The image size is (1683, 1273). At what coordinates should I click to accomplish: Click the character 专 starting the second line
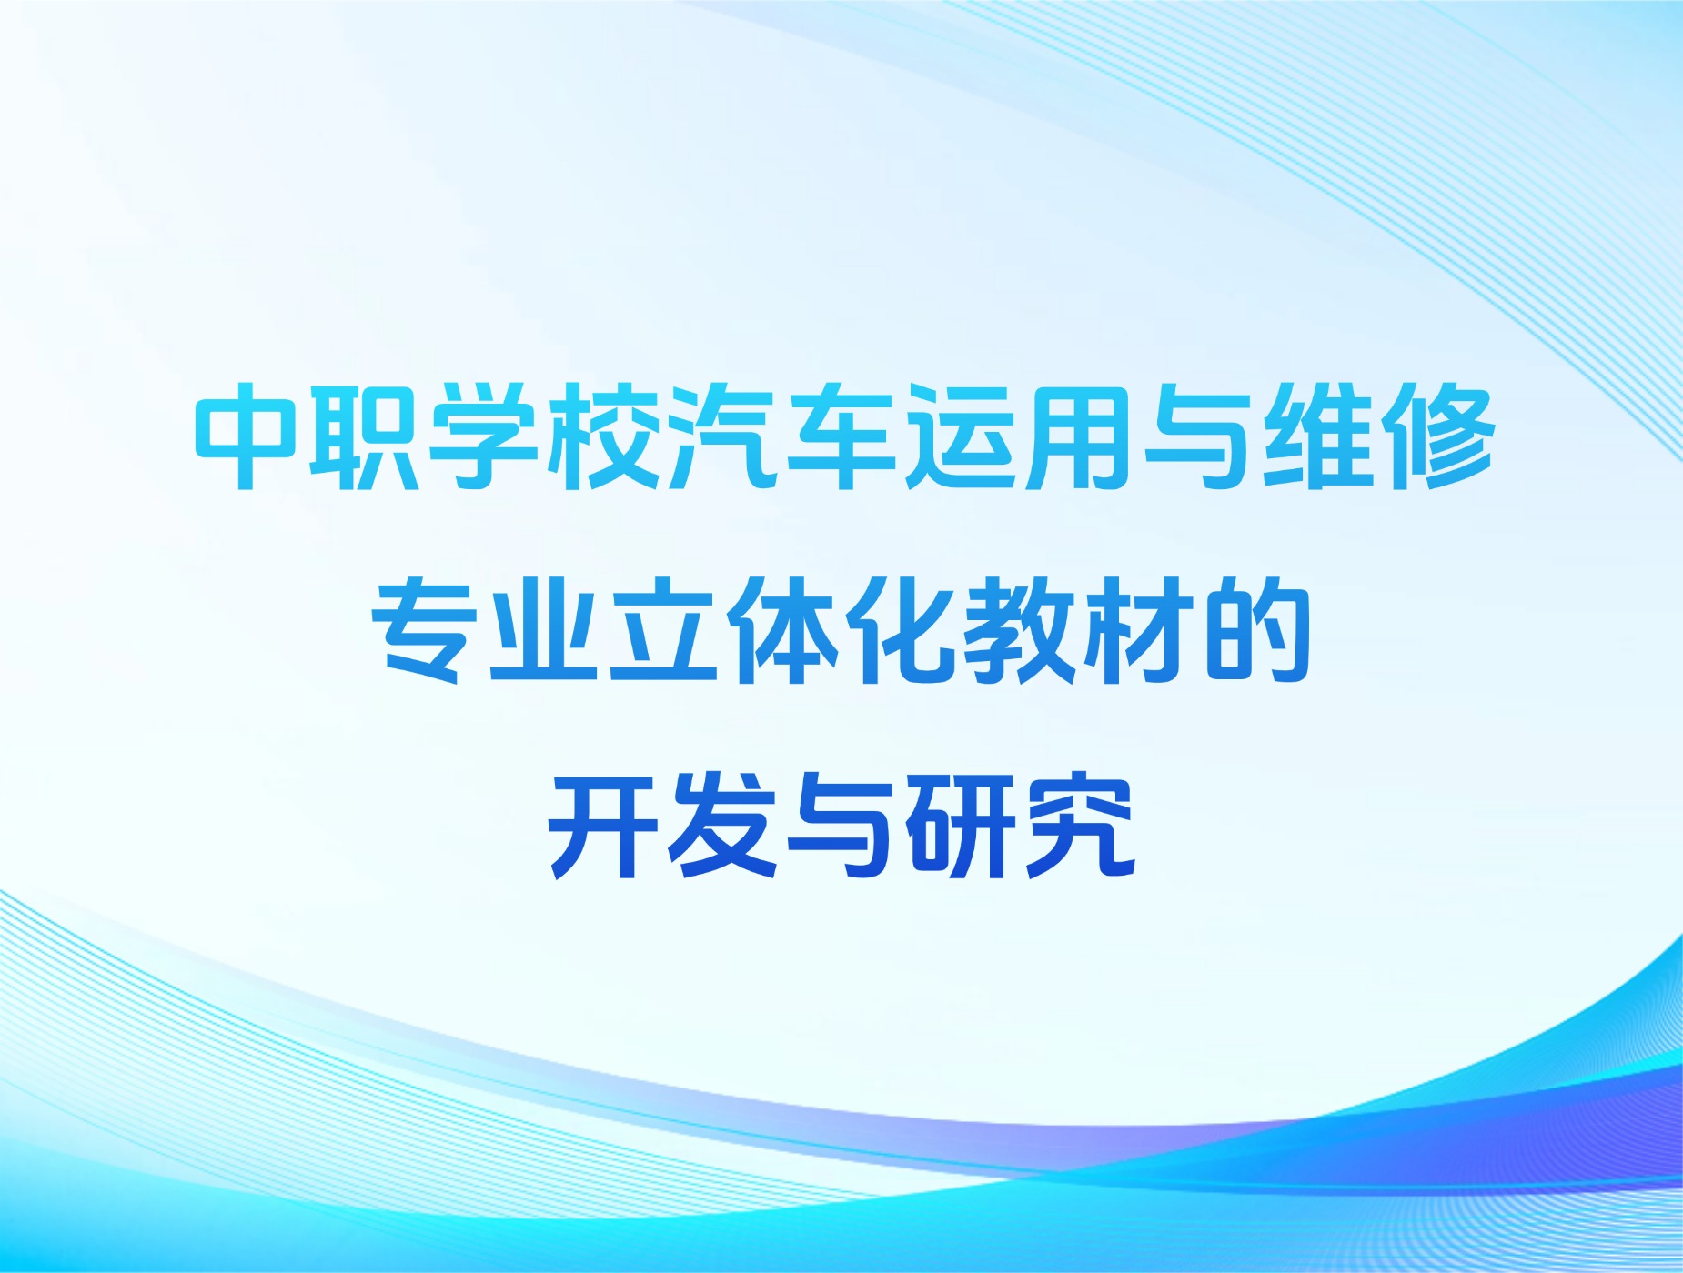tap(425, 629)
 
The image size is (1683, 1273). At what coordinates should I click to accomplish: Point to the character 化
tap(900, 629)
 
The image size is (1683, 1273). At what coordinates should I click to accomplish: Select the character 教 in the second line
tap(1019, 629)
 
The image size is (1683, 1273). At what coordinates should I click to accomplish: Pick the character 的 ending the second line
tap(1256, 629)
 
